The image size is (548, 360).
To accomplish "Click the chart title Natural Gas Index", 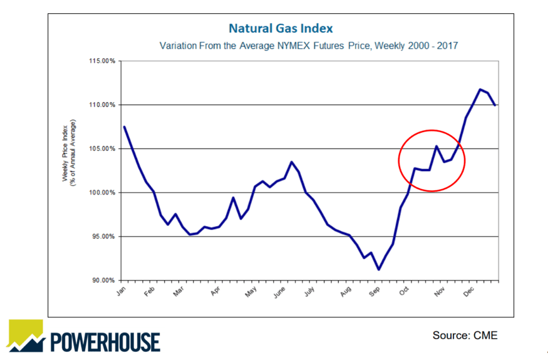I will click(x=281, y=29).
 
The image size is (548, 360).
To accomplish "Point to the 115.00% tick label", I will click(x=101, y=61).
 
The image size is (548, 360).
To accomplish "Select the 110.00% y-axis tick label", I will click(x=101, y=105).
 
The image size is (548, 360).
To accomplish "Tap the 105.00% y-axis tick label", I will click(x=101, y=149).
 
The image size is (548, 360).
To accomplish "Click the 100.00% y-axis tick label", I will click(x=101, y=193).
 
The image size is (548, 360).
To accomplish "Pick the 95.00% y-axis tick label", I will click(x=101, y=237).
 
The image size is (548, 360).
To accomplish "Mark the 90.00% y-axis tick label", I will click(x=101, y=280).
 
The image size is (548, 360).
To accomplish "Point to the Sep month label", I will click(x=375, y=292).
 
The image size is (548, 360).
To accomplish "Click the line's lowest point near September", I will click(x=378, y=270).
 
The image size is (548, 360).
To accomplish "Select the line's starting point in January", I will click(x=124, y=127).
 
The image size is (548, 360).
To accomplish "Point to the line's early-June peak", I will click(x=291, y=162).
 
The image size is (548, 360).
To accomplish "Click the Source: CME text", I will click(x=465, y=336).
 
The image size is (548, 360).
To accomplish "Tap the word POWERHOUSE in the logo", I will click(x=105, y=341).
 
